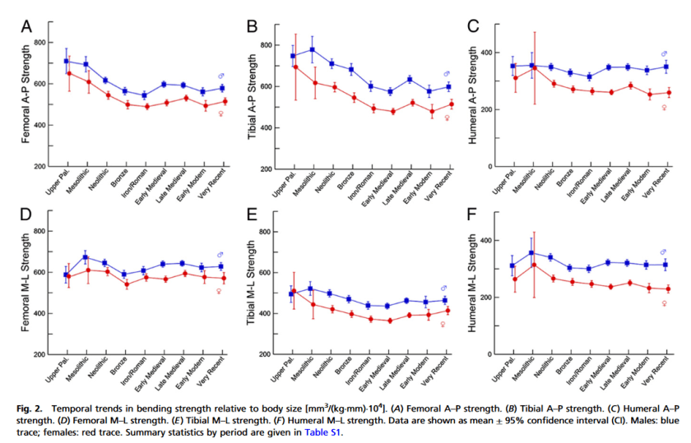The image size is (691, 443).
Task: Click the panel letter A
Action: coord(26,26)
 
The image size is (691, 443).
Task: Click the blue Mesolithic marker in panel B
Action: coord(312,50)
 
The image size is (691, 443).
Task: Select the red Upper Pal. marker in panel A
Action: coord(69,73)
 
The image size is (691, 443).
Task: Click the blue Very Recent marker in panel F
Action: coord(665,265)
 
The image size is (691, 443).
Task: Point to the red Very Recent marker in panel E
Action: coord(449,311)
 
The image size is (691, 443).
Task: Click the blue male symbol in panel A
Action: coord(220,76)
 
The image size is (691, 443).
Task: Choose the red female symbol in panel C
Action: coord(665,107)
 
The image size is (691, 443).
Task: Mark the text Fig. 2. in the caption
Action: coord(30,406)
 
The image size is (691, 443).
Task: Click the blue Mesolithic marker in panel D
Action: coord(86,257)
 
